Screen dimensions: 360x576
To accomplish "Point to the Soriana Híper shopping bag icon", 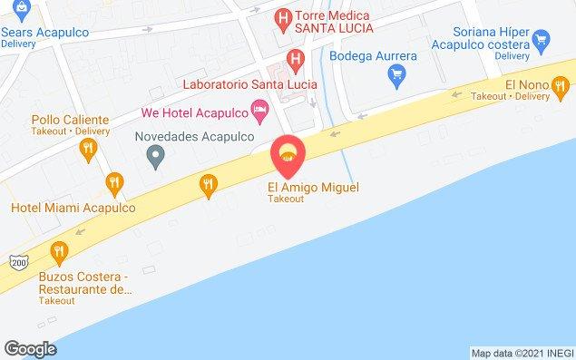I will tap(542, 38).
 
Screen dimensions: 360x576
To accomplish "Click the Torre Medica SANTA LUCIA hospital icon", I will tap(283, 17).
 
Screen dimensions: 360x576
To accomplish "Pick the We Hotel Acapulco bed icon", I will tap(260, 112).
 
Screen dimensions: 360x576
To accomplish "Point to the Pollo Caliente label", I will tap(70, 120).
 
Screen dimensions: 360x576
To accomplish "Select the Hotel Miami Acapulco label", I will tap(73, 207).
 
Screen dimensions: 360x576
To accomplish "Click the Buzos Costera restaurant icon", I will tap(60, 251).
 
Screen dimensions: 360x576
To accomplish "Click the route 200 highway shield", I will tap(19, 262).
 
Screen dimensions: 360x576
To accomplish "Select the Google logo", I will tap(30, 348).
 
